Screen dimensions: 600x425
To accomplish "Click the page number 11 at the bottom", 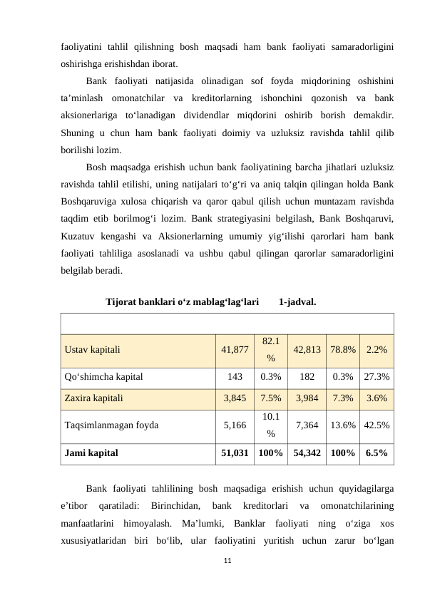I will pyautogui.click(x=227, y=562).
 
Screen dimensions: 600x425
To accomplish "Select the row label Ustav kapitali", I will pyautogui.click(x=92, y=350).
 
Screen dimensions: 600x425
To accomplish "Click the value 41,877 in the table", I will pyautogui.click(x=235, y=350).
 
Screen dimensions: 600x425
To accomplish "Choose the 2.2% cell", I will pyautogui.click(x=377, y=350).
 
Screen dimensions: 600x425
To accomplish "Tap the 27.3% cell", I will pyautogui.click(x=377, y=376).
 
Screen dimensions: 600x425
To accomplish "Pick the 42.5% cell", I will pyautogui.click(x=377, y=425).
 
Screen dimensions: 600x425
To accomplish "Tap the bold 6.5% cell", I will pyautogui.click(x=377, y=452).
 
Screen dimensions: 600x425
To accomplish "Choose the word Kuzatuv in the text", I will pyautogui.click(x=80, y=236).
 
